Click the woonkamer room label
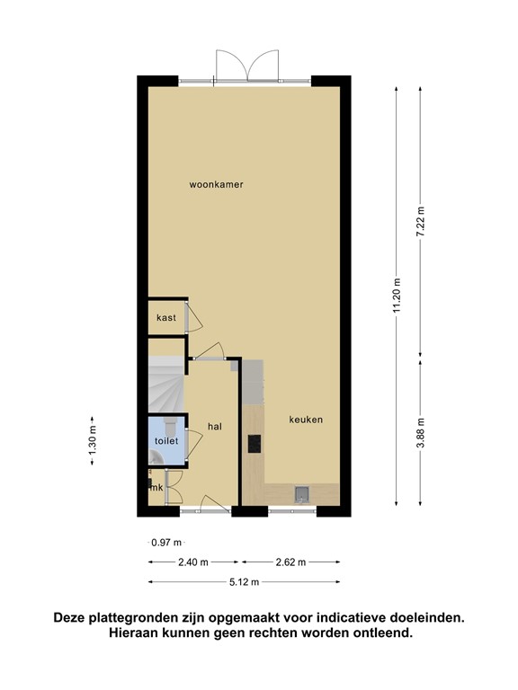point(216,185)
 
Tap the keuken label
point(306,420)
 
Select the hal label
point(214,426)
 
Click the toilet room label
point(166,441)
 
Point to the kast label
point(165,318)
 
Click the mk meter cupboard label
point(156,488)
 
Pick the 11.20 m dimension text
point(397,295)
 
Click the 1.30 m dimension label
point(92,442)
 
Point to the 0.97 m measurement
point(166,542)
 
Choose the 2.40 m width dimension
point(192,562)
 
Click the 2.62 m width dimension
point(290,562)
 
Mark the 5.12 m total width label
point(244,582)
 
